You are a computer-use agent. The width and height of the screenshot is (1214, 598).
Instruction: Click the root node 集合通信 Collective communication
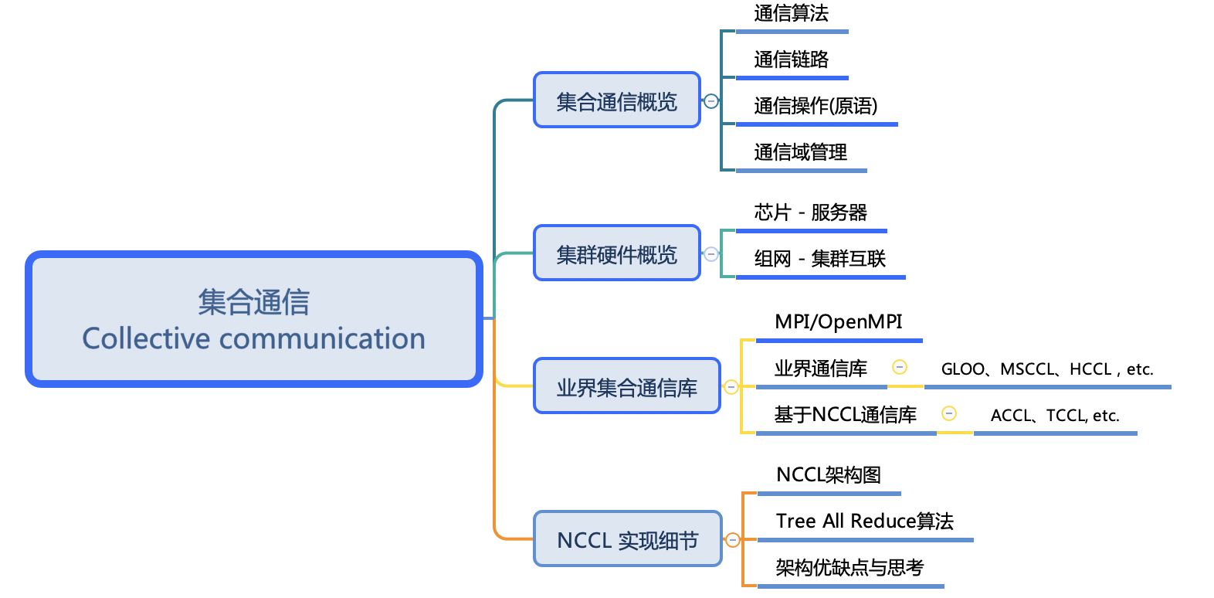click(x=253, y=319)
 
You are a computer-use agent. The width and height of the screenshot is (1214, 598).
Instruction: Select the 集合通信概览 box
click(x=616, y=100)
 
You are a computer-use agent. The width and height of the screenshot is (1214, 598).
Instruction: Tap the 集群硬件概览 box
click(x=616, y=253)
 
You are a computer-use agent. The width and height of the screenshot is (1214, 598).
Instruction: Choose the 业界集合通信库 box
click(x=626, y=386)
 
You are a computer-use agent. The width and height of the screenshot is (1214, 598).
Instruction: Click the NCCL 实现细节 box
click(x=627, y=539)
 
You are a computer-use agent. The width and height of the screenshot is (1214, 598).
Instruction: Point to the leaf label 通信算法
click(x=791, y=13)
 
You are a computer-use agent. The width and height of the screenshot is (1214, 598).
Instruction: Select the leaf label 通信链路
click(x=791, y=59)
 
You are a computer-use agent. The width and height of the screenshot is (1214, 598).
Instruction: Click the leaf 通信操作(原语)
click(x=816, y=106)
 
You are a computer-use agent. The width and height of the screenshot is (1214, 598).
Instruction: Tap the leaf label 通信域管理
click(x=800, y=152)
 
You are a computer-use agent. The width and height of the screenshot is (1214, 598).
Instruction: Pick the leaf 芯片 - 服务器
click(x=810, y=212)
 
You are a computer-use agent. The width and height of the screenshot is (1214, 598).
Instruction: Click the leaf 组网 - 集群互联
click(x=819, y=259)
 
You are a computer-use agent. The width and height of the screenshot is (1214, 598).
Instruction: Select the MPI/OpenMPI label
click(x=838, y=322)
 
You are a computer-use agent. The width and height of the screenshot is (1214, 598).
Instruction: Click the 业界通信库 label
click(x=820, y=369)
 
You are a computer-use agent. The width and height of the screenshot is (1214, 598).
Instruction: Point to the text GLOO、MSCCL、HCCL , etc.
click(x=1046, y=369)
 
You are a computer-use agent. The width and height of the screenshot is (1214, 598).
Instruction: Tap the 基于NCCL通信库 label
click(x=845, y=415)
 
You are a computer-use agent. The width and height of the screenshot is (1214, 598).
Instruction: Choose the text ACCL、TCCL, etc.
click(x=1054, y=416)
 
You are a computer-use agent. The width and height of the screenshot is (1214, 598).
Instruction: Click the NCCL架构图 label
click(x=828, y=475)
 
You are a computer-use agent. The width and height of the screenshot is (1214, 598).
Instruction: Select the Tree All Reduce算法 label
click(x=864, y=522)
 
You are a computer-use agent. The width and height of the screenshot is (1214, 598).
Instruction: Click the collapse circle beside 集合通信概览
click(x=711, y=101)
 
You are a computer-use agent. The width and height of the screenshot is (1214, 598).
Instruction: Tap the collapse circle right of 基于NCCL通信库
click(x=949, y=413)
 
